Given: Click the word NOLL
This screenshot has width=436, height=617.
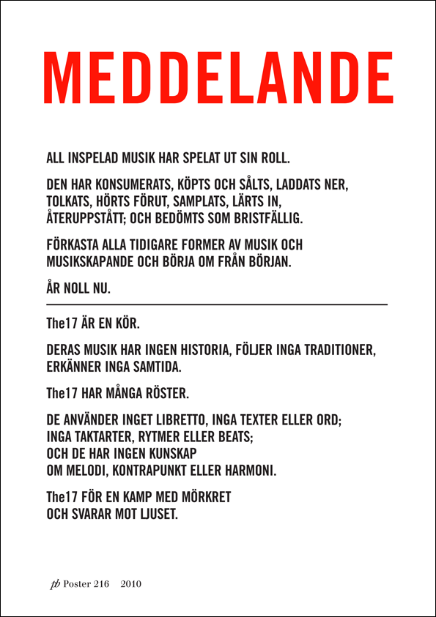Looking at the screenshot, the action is (79, 289).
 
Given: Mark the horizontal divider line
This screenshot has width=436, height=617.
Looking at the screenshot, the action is (216, 304).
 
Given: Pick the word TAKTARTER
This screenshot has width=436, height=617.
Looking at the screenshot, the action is (109, 438).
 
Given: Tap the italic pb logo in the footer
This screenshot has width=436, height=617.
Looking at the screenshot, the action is (54, 584).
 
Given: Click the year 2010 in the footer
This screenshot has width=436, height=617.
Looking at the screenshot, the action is (130, 584).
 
